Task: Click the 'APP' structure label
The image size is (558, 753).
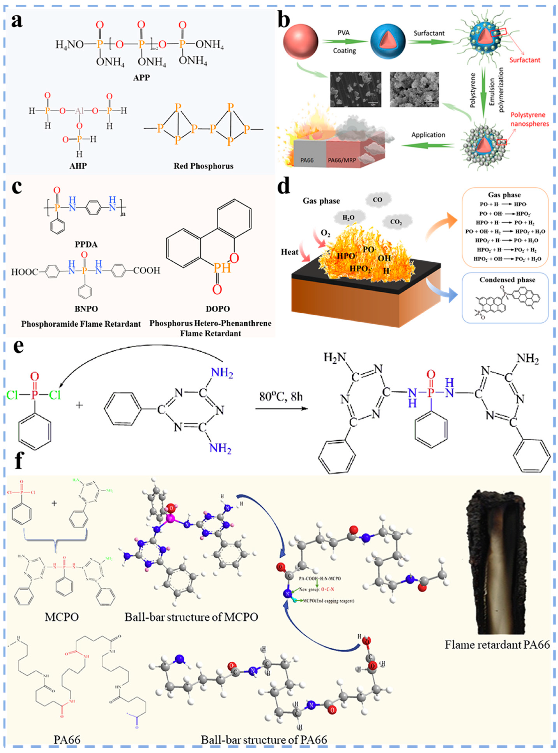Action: tap(141, 78)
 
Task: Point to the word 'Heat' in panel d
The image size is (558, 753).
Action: tap(290, 252)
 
